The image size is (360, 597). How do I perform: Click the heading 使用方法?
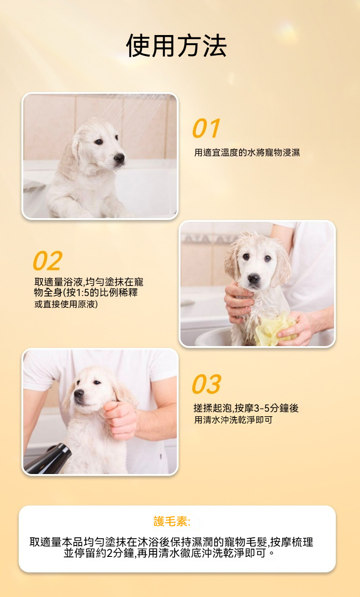176,46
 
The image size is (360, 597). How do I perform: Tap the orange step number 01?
206,128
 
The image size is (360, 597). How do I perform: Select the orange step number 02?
48,260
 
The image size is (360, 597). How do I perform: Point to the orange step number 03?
206,384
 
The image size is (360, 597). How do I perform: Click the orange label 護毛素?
172,521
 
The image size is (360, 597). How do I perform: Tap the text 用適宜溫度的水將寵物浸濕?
247,153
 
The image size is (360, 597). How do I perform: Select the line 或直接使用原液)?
66,304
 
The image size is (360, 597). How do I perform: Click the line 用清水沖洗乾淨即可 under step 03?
233,420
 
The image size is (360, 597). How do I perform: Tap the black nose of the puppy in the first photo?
119,158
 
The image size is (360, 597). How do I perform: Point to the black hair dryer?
48,459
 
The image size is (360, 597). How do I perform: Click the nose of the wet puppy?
254,279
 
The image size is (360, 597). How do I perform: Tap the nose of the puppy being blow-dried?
79,393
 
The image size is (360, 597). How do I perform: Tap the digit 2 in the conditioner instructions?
110,553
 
